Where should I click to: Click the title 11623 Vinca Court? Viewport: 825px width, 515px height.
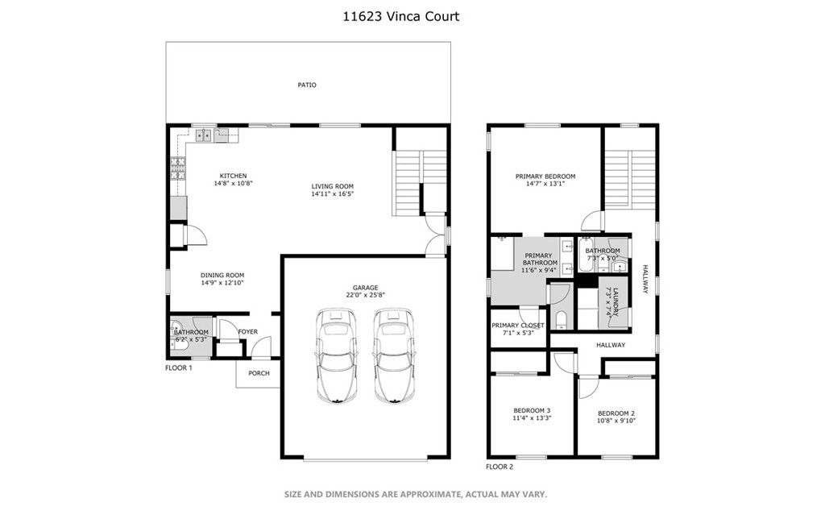412,16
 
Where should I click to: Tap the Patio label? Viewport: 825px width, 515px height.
307,85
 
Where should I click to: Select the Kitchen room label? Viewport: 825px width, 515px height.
234,176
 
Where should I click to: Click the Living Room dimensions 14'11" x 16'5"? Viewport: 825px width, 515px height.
333,194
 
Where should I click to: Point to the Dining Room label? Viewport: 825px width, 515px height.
222,275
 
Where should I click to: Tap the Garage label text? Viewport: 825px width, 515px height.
365,287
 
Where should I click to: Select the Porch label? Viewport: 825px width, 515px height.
259,373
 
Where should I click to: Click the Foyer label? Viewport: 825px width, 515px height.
247,331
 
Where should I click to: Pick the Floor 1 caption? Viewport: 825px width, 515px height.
179,368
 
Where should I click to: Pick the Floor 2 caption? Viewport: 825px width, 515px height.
500,467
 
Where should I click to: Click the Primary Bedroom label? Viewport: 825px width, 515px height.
545,176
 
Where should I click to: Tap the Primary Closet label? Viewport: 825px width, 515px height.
518,325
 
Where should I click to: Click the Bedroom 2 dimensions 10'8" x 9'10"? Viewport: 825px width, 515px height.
616,420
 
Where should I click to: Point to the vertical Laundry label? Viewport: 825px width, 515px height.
616,301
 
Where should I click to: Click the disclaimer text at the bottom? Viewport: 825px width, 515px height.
415,493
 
